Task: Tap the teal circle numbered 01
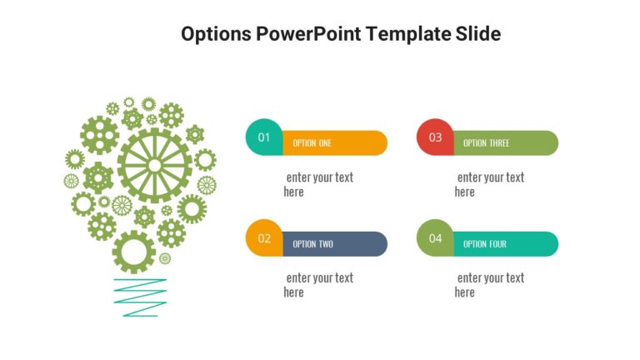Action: [264, 137]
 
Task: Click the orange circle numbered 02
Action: [264, 238]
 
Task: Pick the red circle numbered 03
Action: [435, 137]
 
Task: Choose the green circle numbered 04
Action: [435, 238]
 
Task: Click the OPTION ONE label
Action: [312, 143]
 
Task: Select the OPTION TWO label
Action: [313, 244]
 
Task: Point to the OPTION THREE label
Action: [486, 143]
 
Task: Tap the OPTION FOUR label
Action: [485, 244]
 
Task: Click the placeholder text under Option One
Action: [318, 184]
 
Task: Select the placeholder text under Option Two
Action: [318, 285]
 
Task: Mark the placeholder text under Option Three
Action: [489, 184]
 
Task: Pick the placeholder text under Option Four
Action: [489, 285]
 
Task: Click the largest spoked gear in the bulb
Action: [154, 165]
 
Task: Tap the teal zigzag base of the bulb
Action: [140, 297]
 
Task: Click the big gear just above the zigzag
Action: [133, 251]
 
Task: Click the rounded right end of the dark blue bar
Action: [379, 244]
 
